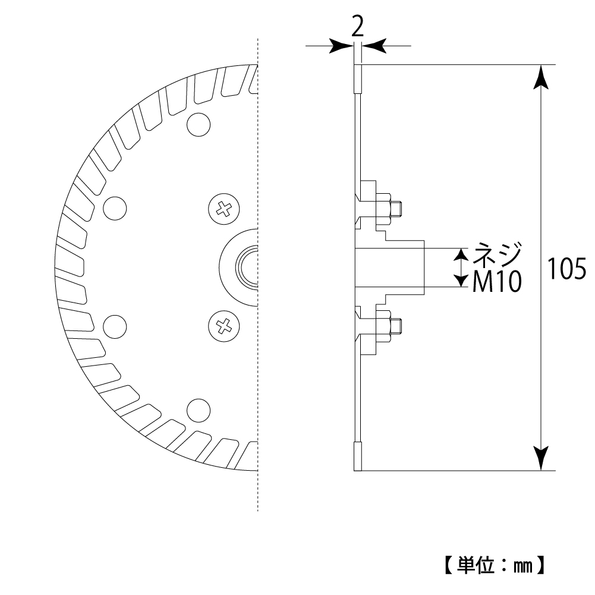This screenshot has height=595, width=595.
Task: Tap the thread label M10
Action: pos(497,282)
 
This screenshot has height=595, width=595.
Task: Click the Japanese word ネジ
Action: pos(497,253)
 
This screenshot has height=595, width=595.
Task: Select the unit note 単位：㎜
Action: pos(495,565)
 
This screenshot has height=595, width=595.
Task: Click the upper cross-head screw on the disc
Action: pos(224,209)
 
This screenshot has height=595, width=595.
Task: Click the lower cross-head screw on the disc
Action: pos(224,326)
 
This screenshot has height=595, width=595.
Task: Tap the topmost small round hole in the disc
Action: pos(199,124)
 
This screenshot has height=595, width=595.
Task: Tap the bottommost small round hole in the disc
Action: pos(199,410)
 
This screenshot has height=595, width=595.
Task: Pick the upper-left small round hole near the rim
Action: pos(115,208)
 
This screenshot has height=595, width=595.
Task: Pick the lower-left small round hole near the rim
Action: pos(115,326)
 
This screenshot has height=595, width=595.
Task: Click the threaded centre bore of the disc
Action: pos(247,267)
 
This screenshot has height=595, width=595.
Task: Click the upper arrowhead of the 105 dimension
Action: pos(541,77)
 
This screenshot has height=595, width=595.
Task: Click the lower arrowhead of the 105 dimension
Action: pos(541,458)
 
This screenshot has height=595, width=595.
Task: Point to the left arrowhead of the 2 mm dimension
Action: pos(341,46)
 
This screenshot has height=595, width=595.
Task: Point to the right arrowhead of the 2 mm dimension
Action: pos(374,46)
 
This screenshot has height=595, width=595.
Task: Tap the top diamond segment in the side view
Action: pos(358,79)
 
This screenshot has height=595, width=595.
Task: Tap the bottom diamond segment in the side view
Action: pos(358,456)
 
